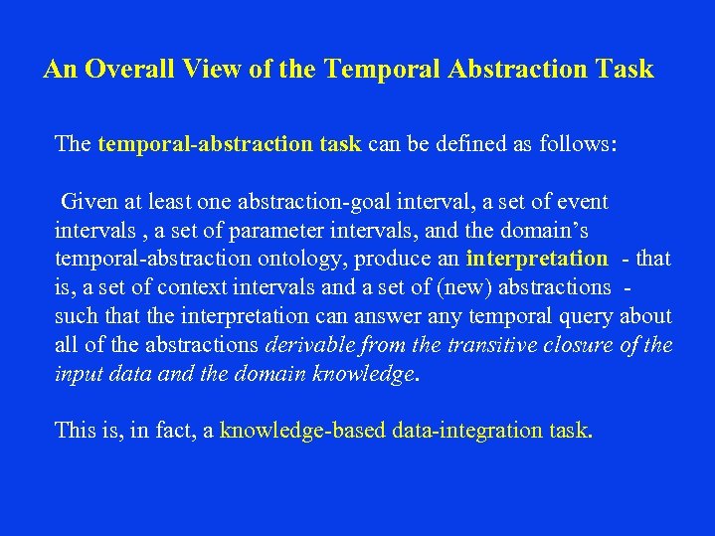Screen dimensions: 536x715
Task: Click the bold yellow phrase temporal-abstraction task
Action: coord(229,144)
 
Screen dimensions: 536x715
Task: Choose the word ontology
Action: coord(295,260)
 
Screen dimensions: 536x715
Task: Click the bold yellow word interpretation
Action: coord(536,260)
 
